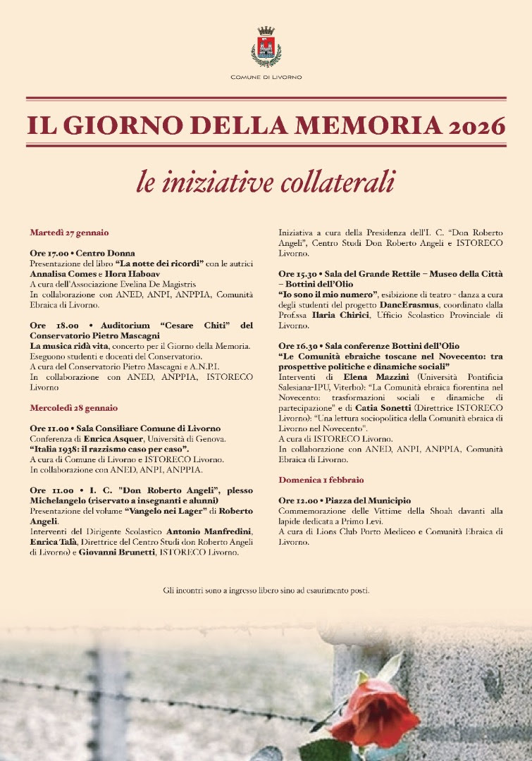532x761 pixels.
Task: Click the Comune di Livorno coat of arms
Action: pyautogui.click(x=266, y=47)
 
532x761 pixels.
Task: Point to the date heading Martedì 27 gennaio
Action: pyautogui.click(x=69, y=232)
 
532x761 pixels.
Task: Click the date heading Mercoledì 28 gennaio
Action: pyautogui.click(x=74, y=407)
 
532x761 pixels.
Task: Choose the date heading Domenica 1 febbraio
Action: pyautogui.click(x=321, y=479)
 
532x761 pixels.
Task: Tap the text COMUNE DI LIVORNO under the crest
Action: pyautogui.click(x=266, y=76)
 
